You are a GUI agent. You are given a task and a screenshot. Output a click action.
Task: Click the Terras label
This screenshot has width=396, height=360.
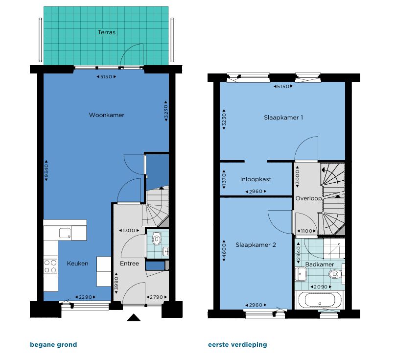[106, 32]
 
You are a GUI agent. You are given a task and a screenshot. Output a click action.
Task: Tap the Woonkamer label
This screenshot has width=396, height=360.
[106, 115]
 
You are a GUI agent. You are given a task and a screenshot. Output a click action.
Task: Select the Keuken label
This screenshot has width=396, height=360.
[77, 264]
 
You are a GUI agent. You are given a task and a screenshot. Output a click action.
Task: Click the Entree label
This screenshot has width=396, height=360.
[130, 264]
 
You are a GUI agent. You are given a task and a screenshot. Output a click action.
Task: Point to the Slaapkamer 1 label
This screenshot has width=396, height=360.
[283, 118]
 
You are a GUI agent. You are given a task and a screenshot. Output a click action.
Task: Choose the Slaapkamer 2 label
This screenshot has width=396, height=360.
[256, 244]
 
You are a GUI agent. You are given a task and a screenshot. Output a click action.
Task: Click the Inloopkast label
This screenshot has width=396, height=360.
[256, 179]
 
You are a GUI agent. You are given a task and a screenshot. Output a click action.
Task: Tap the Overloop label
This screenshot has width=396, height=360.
[308, 198]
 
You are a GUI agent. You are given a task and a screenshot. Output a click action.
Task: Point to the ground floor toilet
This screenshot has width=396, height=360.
[157, 239]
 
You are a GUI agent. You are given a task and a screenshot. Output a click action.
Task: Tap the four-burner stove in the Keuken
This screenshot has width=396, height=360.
[50, 266]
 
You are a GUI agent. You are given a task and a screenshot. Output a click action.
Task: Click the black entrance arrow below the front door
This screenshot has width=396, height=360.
[134, 318]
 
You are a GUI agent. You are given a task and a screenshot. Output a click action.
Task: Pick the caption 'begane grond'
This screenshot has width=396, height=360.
[53, 345]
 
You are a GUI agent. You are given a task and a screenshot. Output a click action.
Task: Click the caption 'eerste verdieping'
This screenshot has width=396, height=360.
[237, 345]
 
